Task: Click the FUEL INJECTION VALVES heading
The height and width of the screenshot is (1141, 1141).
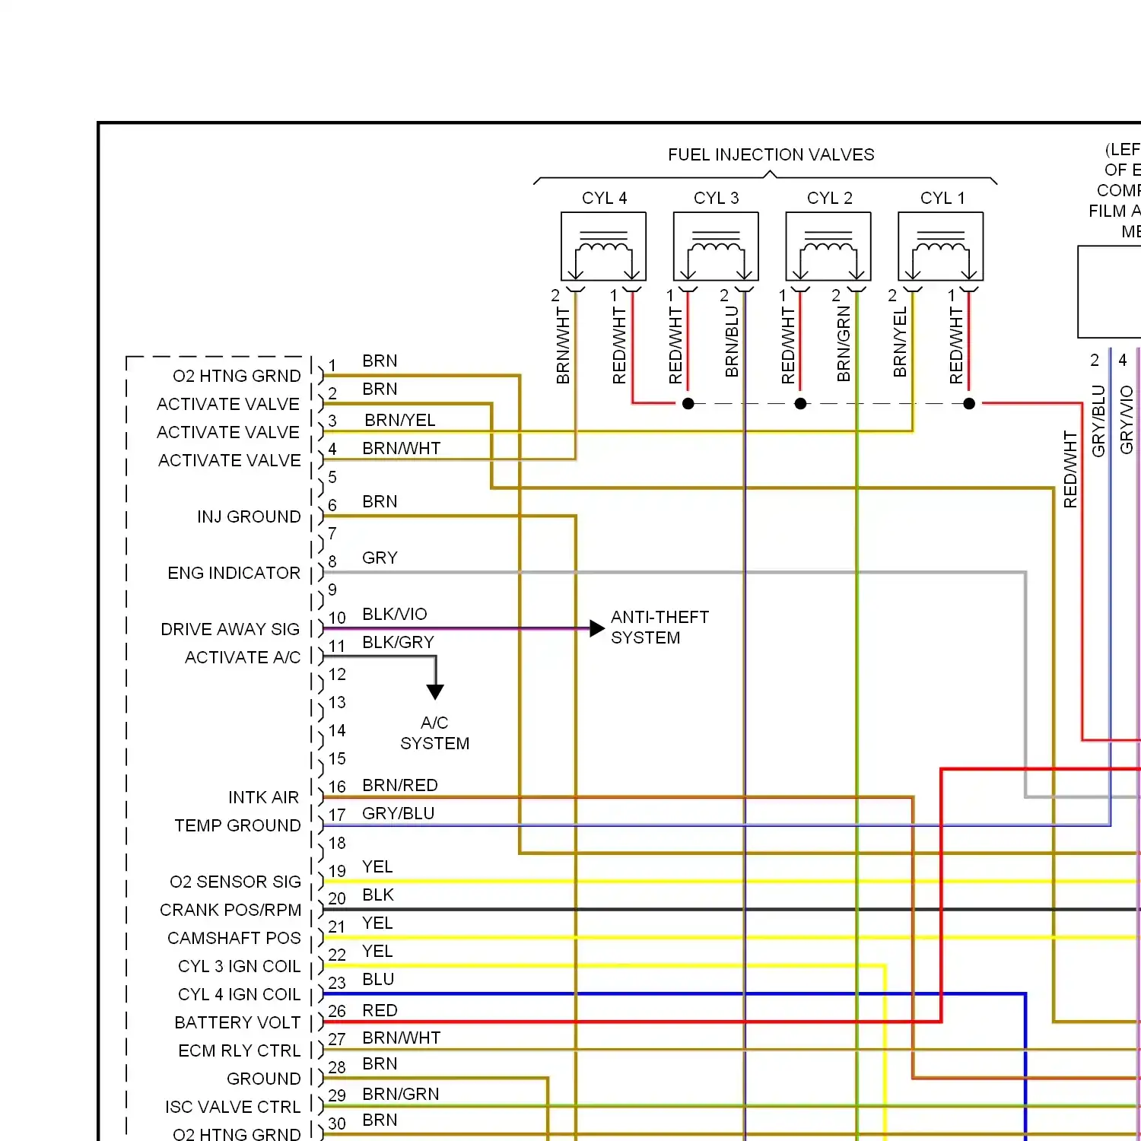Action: pos(771,155)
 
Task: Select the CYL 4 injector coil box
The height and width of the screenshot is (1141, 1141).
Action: pos(603,246)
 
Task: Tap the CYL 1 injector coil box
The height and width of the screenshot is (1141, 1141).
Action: pos(940,246)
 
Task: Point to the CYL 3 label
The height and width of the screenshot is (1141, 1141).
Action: pos(716,199)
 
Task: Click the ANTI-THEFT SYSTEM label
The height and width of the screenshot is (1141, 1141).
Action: pos(659,628)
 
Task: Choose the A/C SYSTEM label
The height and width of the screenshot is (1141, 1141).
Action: pos(434,733)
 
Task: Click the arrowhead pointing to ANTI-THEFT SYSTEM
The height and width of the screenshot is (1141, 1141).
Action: pos(597,629)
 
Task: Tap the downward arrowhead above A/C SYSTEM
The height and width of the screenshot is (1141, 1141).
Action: pos(435,691)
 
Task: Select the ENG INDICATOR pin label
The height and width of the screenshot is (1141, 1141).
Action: pos(234,574)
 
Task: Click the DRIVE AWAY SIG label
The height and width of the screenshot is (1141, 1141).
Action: pos(230,630)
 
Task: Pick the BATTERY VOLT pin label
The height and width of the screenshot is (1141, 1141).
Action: pos(237,1023)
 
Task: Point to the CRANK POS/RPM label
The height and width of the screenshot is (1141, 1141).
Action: pos(230,911)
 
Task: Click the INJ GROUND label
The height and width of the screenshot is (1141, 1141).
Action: pos(249,517)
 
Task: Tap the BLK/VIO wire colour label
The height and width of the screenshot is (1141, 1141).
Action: pos(394,615)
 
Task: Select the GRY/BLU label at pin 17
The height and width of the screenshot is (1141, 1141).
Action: pos(398,814)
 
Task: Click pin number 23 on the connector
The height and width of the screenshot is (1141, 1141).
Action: pos(337,984)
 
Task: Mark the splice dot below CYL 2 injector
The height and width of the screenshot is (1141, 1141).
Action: pos(800,404)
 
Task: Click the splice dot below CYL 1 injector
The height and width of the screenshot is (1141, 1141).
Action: pos(969,404)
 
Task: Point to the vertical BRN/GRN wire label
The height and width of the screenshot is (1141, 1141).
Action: pos(844,344)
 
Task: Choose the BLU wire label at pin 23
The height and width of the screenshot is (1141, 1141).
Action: pos(378,980)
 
